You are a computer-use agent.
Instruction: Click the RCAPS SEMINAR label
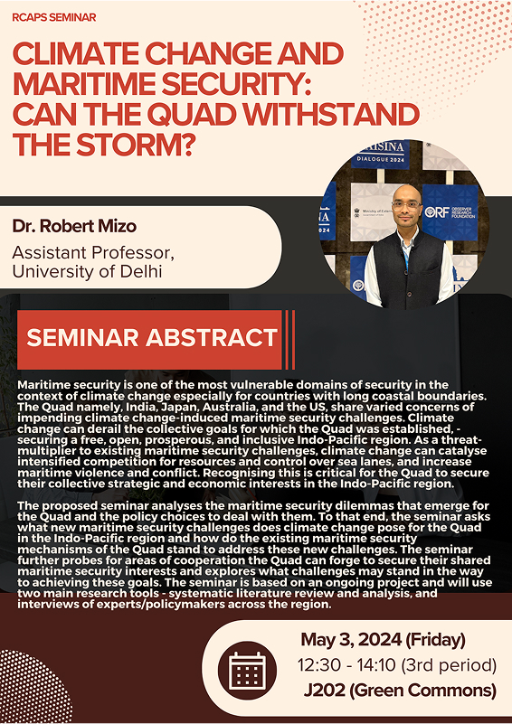(x=54, y=17)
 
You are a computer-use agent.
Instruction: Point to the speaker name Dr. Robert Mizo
(x=74, y=226)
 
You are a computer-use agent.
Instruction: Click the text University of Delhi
(x=88, y=271)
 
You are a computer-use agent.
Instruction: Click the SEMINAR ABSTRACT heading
(x=152, y=338)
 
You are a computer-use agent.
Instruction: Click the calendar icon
(x=247, y=670)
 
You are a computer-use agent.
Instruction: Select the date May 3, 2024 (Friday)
(x=383, y=640)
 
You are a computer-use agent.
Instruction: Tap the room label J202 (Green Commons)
(x=400, y=691)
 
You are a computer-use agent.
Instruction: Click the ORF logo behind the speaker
(x=450, y=212)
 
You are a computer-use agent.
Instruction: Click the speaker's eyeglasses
(x=406, y=204)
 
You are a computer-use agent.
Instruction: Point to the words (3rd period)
(x=449, y=665)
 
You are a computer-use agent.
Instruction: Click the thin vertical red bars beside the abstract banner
(x=289, y=340)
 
